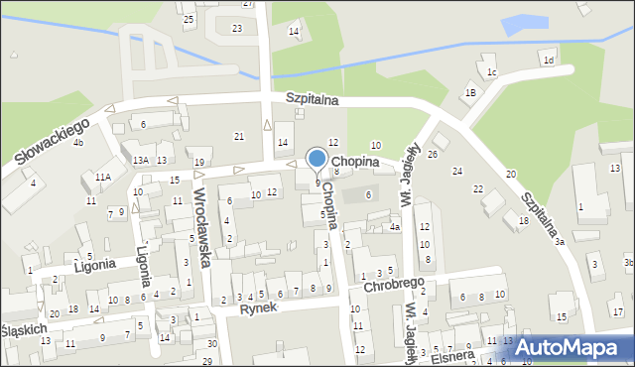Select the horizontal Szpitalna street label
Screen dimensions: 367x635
[x=313, y=99]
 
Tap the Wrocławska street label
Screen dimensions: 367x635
[x=202, y=229]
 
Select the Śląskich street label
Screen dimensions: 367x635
[x=23, y=329]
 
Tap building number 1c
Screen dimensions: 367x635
[x=491, y=71]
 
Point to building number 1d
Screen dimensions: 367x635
[x=549, y=60]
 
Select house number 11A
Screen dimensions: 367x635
[x=103, y=177]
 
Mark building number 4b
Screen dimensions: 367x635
[x=77, y=143]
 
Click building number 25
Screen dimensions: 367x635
[x=189, y=19]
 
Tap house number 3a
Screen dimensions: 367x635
[x=560, y=242]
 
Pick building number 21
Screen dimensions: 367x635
[x=238, y=135]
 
